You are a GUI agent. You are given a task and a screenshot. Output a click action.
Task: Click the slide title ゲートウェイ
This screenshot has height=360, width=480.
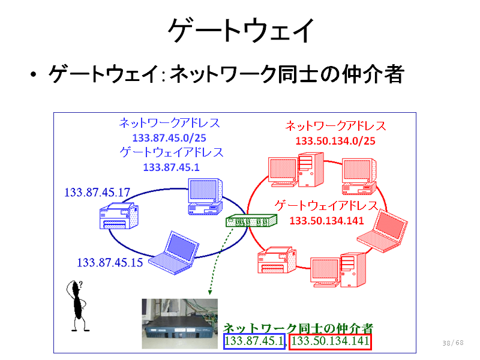pyautogui.click(x=241, y=30)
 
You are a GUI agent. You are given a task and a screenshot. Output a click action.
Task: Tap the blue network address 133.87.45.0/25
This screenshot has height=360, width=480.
pyautogui.click(x=169, y=138)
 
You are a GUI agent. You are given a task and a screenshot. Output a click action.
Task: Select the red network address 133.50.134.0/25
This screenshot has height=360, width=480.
pyautogui.click(x=335, y=141)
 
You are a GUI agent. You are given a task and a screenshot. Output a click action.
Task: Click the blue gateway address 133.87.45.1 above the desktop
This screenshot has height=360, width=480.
pyautogui.click(x=171, y=167)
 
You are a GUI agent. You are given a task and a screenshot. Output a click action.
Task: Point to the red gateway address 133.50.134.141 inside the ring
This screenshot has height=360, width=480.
pyautogui.click(x=326, y=221)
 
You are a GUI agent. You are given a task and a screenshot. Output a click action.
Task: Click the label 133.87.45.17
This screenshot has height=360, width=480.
pyautogui.click(x=97, y=192)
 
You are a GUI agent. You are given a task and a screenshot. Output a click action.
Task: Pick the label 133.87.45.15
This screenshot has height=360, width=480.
pyautogui.click(x=110, y=262)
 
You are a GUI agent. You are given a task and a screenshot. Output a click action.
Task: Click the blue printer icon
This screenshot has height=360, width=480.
pyautogui.click(x=119, y=216)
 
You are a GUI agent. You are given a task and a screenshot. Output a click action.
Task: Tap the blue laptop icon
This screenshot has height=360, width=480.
pyautogui.click(x=174, y=253)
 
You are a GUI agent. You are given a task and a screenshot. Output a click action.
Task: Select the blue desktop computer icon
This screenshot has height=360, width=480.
pyautogui.click(x=205, y=197)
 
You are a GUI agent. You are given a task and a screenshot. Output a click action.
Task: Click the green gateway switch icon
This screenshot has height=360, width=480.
pyautogui.click(x=251, y=220)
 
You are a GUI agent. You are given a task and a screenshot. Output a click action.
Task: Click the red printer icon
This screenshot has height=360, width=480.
pyautogui.click(x=277, y=260)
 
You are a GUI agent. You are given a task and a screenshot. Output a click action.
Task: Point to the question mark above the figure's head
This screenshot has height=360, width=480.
pyautogui.click(x=80, y=284)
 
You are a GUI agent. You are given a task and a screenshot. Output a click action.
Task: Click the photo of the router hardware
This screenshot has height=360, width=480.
pyautogui.click(x=179, y=324)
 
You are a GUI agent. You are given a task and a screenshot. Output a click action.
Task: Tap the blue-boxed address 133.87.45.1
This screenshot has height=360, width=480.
pyautogui.click(x=254, y=341)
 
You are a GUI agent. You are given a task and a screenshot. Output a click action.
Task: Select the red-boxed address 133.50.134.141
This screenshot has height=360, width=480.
pyautogui.click(x=331, y=341)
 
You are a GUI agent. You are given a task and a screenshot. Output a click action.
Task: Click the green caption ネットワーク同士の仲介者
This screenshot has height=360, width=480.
pyautogui.click(x=298, y=328)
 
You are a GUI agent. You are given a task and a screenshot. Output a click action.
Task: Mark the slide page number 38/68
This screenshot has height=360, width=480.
pyautogui.click(x=453, y=343)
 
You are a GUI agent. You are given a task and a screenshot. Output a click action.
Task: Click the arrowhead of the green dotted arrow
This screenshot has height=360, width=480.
pyautogui.click(x=210, y=292)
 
